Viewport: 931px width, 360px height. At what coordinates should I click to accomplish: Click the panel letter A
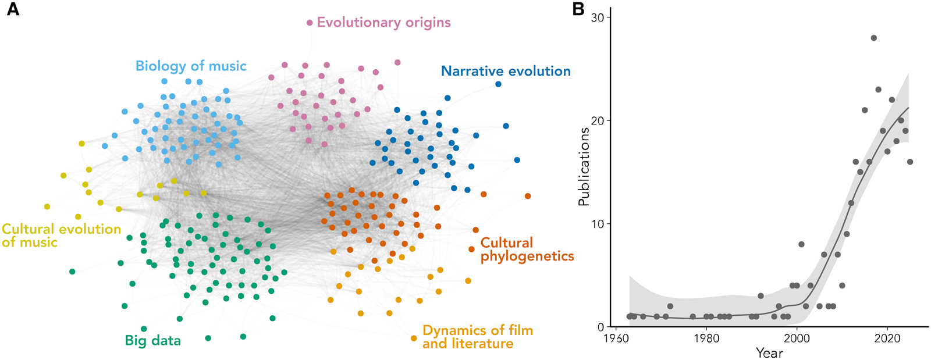(13, 9)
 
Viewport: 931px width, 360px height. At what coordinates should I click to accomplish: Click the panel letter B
(578, 9)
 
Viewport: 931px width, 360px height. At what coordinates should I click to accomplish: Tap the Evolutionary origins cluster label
(383, 23)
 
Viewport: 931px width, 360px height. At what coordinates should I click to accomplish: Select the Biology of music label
(191, 66)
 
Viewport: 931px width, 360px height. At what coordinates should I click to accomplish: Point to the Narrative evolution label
(506, 71)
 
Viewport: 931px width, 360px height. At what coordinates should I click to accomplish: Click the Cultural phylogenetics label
(527, 249)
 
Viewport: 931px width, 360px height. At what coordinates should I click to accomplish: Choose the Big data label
(153, 340)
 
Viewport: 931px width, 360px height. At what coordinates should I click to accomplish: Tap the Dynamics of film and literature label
(478, 337)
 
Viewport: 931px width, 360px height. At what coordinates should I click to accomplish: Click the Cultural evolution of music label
(61, 236)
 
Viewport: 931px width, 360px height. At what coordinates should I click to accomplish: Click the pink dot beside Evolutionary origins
(310, 23)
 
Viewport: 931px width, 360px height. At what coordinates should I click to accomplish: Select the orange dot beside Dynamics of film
(414, 338)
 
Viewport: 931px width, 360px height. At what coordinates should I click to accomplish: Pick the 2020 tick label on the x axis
(887, 338)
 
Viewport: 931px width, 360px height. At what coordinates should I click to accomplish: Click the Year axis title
(769, 352)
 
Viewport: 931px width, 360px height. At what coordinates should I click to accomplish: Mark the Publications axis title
(584, 166)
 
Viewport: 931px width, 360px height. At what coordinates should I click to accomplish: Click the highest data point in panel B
(873, 38)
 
